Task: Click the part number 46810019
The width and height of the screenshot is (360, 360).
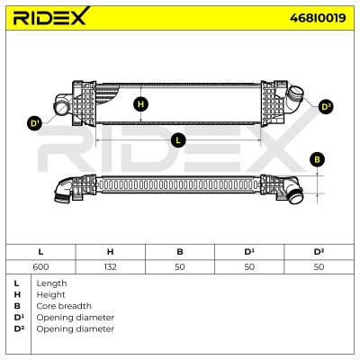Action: pos(318,18)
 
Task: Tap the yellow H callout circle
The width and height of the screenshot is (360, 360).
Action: pos(140,104)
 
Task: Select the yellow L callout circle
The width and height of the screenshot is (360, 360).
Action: pos(178,140)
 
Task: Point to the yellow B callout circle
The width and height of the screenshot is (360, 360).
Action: pos(317,159)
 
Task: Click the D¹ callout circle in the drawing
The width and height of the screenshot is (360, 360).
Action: pos(35,123)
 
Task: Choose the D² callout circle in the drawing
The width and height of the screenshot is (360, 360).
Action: pos(326,107)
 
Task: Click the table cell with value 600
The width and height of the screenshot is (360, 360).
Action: pos(40,266)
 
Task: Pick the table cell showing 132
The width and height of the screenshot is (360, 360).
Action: pos(110,266)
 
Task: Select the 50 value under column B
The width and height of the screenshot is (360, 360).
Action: pos(180,266)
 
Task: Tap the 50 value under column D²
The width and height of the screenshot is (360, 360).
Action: pos(319,266)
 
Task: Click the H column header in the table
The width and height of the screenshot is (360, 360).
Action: pos(110,252)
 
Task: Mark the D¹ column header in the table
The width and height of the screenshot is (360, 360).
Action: pos(249,252)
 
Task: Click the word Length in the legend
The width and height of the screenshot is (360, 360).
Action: pos(51,283)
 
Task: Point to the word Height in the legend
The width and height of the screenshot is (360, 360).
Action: pos(50,295)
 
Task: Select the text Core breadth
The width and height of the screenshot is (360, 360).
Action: pos(64,306)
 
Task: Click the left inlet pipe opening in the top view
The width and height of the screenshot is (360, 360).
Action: pos(61,108)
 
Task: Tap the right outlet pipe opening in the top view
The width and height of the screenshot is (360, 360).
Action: pos(297,92)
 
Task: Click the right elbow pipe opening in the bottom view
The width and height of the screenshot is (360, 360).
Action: pos(296,198)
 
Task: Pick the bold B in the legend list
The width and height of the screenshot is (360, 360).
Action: pos(17,306)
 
